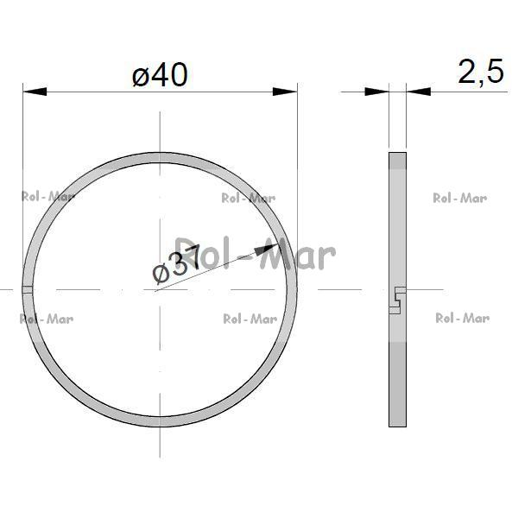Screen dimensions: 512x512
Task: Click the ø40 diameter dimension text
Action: click(x=160, y=75)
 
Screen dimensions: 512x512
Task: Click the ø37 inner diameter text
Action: click(x=176, y=264)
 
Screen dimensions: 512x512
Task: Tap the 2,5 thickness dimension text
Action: click(x=481, y=72)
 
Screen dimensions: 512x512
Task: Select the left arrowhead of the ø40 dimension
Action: click(x=35, y=92)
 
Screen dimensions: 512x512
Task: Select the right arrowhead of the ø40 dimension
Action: click(x=285, y=92)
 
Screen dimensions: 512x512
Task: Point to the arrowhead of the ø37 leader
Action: click(x=266, y=250)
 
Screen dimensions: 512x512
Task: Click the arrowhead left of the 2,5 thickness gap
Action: click(x=376, y=92)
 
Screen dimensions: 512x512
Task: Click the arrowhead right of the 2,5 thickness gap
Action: click(x=418, y=92)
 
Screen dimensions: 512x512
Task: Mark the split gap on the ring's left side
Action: click(x=28, y=289)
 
